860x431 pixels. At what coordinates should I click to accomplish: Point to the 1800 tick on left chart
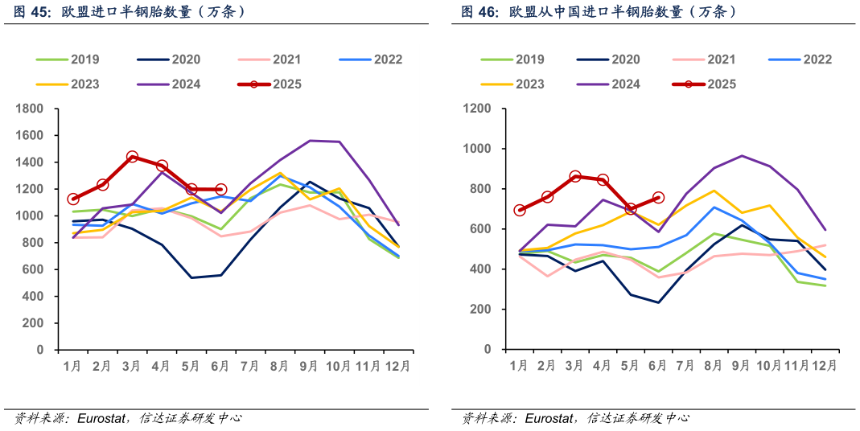click(31, 109)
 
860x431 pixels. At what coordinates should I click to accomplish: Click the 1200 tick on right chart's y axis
click(478, 109)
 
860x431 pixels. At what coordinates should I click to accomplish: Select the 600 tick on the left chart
click(34, 269)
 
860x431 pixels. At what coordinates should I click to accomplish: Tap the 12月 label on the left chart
click(398, 366)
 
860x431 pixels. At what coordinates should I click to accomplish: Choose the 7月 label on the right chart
click(685, 366)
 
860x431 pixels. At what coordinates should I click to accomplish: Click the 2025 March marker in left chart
click(132, 157)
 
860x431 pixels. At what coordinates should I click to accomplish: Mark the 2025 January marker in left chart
click(73, 199)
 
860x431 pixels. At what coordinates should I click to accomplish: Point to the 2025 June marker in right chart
click(658, 197)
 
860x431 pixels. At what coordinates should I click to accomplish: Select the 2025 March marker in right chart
click(575, 176)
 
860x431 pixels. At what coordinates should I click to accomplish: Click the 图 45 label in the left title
click(32, 12)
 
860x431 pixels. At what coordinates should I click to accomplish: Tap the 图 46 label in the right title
click(479, 12)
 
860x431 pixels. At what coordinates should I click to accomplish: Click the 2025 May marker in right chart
click(631, 208)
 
